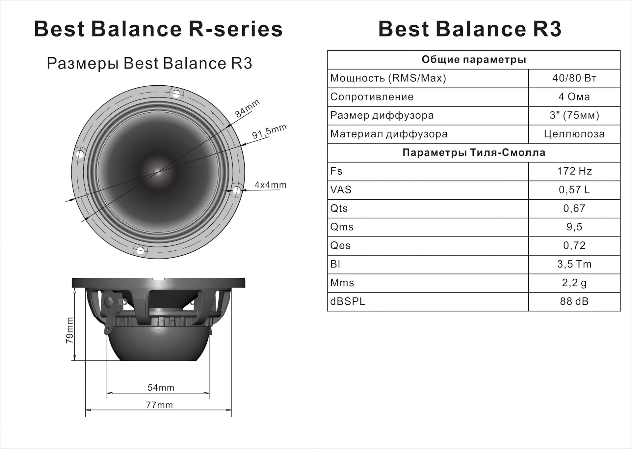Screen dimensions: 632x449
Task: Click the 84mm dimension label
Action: click(x=248, y=108)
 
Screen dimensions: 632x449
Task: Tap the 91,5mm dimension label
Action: click(x=269, y=131)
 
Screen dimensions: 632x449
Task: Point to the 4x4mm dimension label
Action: click(x=270, y=185)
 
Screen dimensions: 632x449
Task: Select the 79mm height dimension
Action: click(x=70, y=330)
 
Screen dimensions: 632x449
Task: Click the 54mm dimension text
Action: click(x=161, y=388)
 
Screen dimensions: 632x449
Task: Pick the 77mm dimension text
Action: click(x=159, y=405)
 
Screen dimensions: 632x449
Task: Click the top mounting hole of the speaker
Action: click(x=176, y=94)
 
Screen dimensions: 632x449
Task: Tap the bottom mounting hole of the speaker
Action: click(x=140, y=250)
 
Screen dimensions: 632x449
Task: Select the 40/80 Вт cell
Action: click(x=574, y=78)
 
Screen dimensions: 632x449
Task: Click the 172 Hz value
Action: click(x=574, y=171)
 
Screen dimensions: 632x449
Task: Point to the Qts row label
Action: click(x=339, y=209)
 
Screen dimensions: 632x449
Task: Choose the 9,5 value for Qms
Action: click(x=574, y=227)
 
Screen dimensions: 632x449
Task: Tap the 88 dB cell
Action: click(x=574, y=301)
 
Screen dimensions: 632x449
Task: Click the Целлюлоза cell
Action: click(x=574, y=134)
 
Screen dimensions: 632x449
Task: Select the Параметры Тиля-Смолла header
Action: click(x=474, y=153)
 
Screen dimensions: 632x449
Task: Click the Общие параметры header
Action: click(x=474, y=60)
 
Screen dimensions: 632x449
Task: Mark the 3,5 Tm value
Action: click(x=574, y=264)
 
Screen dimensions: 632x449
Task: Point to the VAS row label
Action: click(x=341, y=190)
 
